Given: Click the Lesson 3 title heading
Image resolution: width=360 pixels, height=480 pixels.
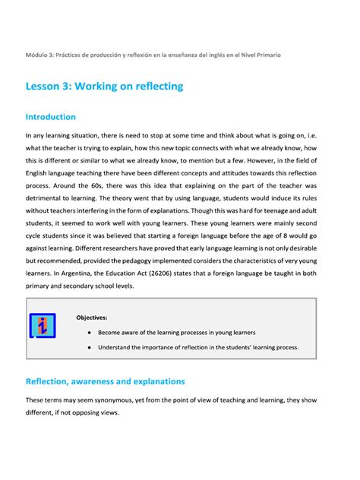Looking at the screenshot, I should [x=104, y=86].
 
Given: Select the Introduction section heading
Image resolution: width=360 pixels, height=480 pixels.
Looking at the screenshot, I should [x=51, y=117].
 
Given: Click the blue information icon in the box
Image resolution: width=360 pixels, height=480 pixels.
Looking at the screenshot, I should [x=43, y=325].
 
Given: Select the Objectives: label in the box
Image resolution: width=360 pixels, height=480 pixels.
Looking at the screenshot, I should [x=91, y=317].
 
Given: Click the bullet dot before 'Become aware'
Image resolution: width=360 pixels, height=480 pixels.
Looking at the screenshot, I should [x=90, y=333].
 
